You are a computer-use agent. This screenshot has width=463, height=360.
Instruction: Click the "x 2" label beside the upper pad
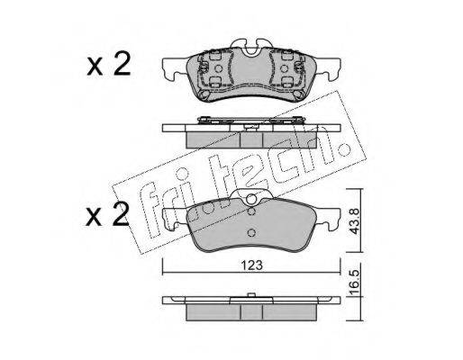[x=109, y=64]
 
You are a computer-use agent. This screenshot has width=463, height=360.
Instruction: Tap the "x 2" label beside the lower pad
[x=107, y=214]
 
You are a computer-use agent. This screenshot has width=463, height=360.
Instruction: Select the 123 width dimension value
[x=251, y=265]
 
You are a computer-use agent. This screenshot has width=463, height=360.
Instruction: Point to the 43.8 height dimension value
[x=354, y=221]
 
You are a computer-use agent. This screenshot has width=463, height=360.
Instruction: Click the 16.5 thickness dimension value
[x=354, y=282]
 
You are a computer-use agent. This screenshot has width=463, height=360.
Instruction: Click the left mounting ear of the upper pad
[x=174, y=69]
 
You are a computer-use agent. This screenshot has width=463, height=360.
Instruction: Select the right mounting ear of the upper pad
[x=328, y=69]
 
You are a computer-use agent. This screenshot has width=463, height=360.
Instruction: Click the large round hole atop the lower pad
[x=251, y=199]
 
